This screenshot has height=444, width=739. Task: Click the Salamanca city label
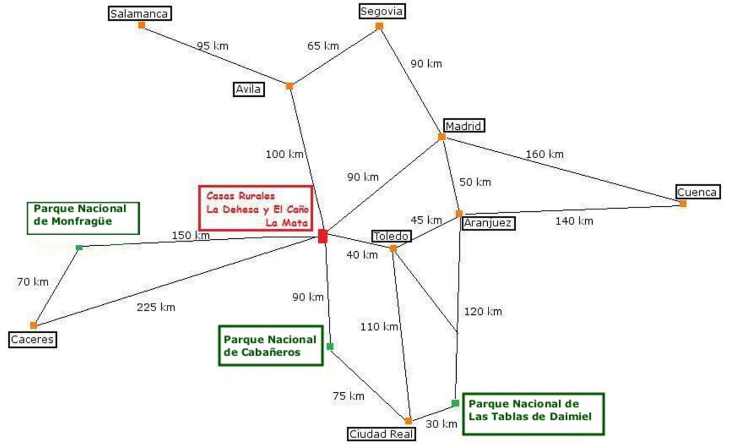click(x=139, y=13)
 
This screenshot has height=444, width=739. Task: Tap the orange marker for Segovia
click(x=379, y=26)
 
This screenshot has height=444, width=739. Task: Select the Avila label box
click(x=249, y=89)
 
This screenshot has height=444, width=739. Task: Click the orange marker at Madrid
click(x=442, y=137)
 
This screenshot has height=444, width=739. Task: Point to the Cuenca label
click(x=698, y=192)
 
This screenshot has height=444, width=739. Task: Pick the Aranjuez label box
click(x=488, y=223)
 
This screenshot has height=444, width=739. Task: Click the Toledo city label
click(x=391, y=236)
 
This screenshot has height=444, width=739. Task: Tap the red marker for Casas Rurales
click(x=323, y=236)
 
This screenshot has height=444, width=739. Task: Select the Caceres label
click(x=33, y=339)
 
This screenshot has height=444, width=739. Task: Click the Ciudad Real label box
click(x=381, y=434)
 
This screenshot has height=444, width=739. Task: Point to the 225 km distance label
click(x=156, y=307)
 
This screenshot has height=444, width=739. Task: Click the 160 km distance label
click(x=544, y=154)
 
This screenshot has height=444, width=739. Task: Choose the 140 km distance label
click(x=574, y=221)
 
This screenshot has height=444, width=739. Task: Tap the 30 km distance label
click(x=441, y=424)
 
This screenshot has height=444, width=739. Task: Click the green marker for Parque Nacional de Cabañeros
click(x=330, y=347)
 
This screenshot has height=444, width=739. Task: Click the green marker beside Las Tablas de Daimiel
click(x=455, y=403)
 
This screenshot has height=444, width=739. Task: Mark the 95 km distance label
click(x=213, y=46)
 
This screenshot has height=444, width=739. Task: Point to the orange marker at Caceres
click(x=34, y=325)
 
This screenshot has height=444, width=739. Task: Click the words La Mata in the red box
click(x=287, y=223)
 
